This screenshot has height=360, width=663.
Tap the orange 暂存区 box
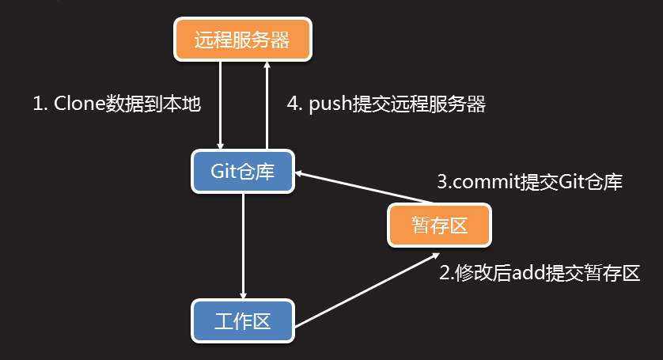(x=439, y=225)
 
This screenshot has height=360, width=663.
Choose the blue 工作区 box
(x=242, y=320)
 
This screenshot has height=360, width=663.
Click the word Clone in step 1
(x=79, y=104)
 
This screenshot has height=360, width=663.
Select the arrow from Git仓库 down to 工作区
(x=243, y=245)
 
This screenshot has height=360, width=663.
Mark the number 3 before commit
(x=443, y=182)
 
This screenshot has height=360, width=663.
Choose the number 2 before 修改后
(x=445, y=274)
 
